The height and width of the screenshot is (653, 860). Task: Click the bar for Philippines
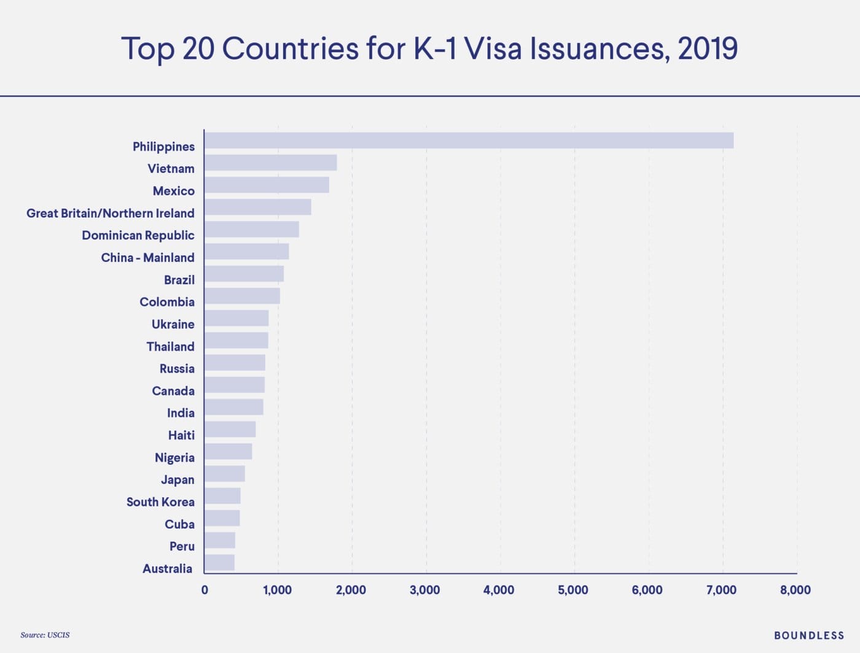point(469,141)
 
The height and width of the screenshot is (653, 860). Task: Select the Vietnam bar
point(270,163)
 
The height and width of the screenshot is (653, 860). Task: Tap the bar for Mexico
point(267,185)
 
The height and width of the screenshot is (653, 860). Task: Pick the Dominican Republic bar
point(251,230)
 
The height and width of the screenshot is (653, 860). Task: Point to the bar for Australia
point(219,563)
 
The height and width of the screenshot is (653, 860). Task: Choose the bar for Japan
point(224,474)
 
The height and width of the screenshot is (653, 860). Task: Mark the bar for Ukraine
point(237,319)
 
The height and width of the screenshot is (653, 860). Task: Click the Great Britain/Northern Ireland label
point(111,214)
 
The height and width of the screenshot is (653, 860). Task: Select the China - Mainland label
point(147,258)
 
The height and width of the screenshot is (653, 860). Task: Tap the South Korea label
point(160,502)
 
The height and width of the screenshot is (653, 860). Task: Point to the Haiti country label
point(181,435)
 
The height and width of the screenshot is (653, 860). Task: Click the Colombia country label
point(167,302)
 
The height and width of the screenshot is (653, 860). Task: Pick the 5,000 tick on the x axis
point(573,590)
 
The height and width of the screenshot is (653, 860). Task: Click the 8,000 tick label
point(795,590)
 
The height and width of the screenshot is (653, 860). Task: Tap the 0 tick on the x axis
point(205,590)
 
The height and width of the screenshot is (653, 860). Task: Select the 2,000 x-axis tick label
point(351,590)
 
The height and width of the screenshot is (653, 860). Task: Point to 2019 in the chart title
point(708,48)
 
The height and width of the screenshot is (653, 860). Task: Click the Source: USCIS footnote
point(45,635)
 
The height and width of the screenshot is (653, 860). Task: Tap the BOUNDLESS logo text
point(809,636)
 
